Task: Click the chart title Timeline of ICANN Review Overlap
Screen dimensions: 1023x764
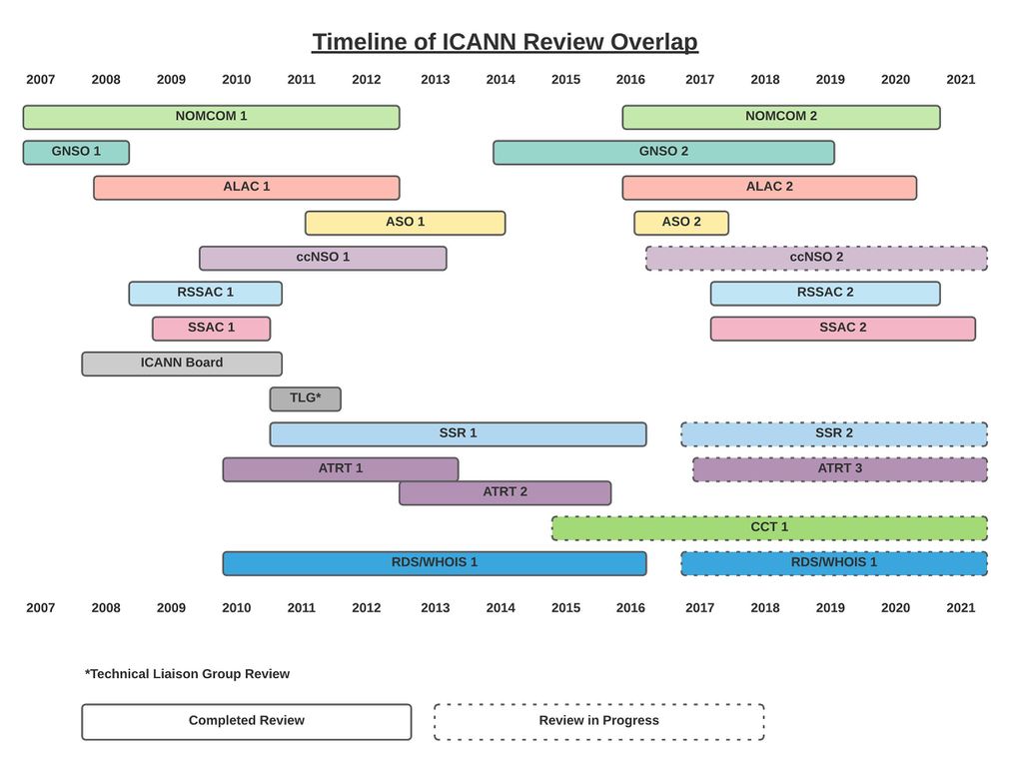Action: click(x=505, y=42)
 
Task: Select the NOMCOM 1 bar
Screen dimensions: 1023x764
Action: click(x=212, y=118)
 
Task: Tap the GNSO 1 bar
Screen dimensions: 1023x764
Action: click(x=76, y=153)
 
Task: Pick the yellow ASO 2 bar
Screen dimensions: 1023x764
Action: click(x=681, y=223)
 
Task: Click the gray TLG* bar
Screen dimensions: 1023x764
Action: click(x=306, y=399)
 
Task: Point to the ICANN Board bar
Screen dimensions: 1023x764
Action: click(x=182, y=365)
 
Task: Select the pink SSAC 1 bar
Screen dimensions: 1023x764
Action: click(x=212, y=329)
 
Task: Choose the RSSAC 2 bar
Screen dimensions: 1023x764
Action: click(x=825, y=294)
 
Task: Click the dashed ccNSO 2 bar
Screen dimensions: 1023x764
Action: click(x=816, y=259)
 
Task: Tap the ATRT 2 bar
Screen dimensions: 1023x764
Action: click(x=505, y=493)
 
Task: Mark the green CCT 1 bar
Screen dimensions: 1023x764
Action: click(x=769, y=528)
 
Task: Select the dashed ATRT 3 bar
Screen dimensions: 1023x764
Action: click(x=839, y=469)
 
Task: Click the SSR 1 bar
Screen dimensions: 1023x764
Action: click(x=458, y=434)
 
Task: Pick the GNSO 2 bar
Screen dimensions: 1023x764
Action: click(x=663, y=153)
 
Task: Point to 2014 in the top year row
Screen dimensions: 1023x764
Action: click(x=501, y=80)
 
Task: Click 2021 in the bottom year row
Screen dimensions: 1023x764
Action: click(x=960, y=608)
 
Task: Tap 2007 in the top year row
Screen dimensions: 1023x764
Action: click(x=40, y=80)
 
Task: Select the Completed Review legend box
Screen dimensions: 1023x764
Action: click(x=247, y=722)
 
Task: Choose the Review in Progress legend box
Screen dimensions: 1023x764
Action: click(x=599, y=722)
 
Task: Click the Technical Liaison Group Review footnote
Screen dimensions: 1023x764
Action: click(x=187, y=674)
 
